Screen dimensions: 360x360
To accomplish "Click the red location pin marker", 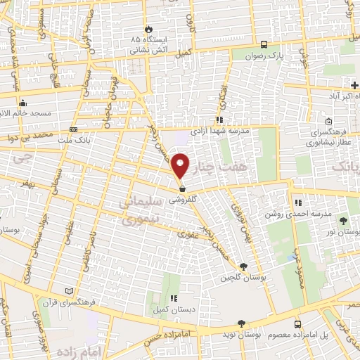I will click(x=181, y=165).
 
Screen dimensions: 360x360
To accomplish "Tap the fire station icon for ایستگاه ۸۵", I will click(x=148, y=29).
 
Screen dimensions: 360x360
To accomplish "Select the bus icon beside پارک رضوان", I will click(x=263, y=42).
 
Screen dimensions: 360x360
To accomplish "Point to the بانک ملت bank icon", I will click(x=75, y=130).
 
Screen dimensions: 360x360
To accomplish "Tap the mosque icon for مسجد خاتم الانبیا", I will click(x=22, y=102).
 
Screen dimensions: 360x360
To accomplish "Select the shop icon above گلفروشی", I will click(x=182, y=188).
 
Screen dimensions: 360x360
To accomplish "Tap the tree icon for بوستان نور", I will click(x=344, y=221).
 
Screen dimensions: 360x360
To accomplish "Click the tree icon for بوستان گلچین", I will click(x=243, y=266).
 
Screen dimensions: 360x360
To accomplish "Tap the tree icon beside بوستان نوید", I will click(x=241, y=323).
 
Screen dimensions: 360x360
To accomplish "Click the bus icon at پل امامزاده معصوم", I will click(x=298, y=324).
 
